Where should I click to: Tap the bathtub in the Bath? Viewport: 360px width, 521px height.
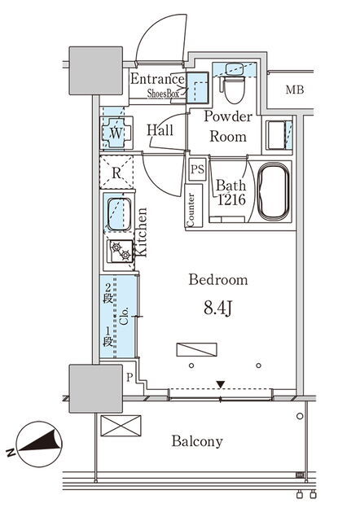coord(274,192)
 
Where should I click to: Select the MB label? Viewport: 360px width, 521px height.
coord(295,90)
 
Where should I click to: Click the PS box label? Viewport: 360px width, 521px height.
coord(197,169)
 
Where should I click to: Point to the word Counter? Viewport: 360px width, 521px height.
coord(191,209)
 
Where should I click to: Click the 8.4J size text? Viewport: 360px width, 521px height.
coord(217,309)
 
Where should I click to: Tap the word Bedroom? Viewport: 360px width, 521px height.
coord(218,280)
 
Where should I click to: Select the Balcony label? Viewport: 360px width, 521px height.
coord(197,441)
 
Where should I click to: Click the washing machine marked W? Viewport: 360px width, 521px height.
coord(116,133)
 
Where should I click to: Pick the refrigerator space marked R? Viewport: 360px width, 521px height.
coord(116,173)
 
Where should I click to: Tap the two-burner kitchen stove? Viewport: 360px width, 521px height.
coord(120,252)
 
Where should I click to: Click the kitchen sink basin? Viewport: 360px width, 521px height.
coord(119,214)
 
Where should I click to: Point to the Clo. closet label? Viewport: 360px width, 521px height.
coord(124,316)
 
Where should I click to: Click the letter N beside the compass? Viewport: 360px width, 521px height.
coord(11,453)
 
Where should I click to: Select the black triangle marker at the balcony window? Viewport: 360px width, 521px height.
coord(221,384)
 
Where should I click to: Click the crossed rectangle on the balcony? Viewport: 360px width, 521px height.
coord(121,426)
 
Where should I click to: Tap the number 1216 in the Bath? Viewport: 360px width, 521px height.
coord(231,199)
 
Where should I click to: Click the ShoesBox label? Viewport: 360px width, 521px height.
coord(163,94)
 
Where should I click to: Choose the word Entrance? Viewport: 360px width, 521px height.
coord(157,79)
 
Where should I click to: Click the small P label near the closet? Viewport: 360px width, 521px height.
coord(130,378)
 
